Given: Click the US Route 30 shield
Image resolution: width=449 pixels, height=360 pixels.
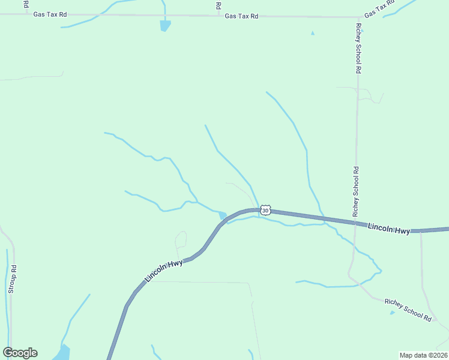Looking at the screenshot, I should (266, 210).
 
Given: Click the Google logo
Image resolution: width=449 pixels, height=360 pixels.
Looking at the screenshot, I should (20, 353).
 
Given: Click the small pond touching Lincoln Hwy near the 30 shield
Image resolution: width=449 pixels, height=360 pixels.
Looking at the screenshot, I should (223, 215).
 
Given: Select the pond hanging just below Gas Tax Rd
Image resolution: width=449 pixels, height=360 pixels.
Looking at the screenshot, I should (165, 26).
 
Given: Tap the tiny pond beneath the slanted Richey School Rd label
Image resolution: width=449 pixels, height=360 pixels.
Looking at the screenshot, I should (392, 313).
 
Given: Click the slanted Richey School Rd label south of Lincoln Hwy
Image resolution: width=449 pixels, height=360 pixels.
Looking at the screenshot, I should (408, 310).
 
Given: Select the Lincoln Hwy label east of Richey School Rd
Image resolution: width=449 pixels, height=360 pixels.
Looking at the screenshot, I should (388, 229).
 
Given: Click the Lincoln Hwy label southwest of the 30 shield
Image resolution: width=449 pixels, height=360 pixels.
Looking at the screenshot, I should (163, 271).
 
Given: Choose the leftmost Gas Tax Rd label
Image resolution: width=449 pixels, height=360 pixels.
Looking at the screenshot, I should (50, 14).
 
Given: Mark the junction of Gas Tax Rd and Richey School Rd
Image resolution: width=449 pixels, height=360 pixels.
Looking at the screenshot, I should (358, 17).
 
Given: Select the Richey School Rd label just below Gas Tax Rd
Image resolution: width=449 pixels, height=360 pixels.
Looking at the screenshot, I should (358, 49).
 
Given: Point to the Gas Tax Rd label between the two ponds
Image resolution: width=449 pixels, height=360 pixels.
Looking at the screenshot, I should (241, 16).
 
